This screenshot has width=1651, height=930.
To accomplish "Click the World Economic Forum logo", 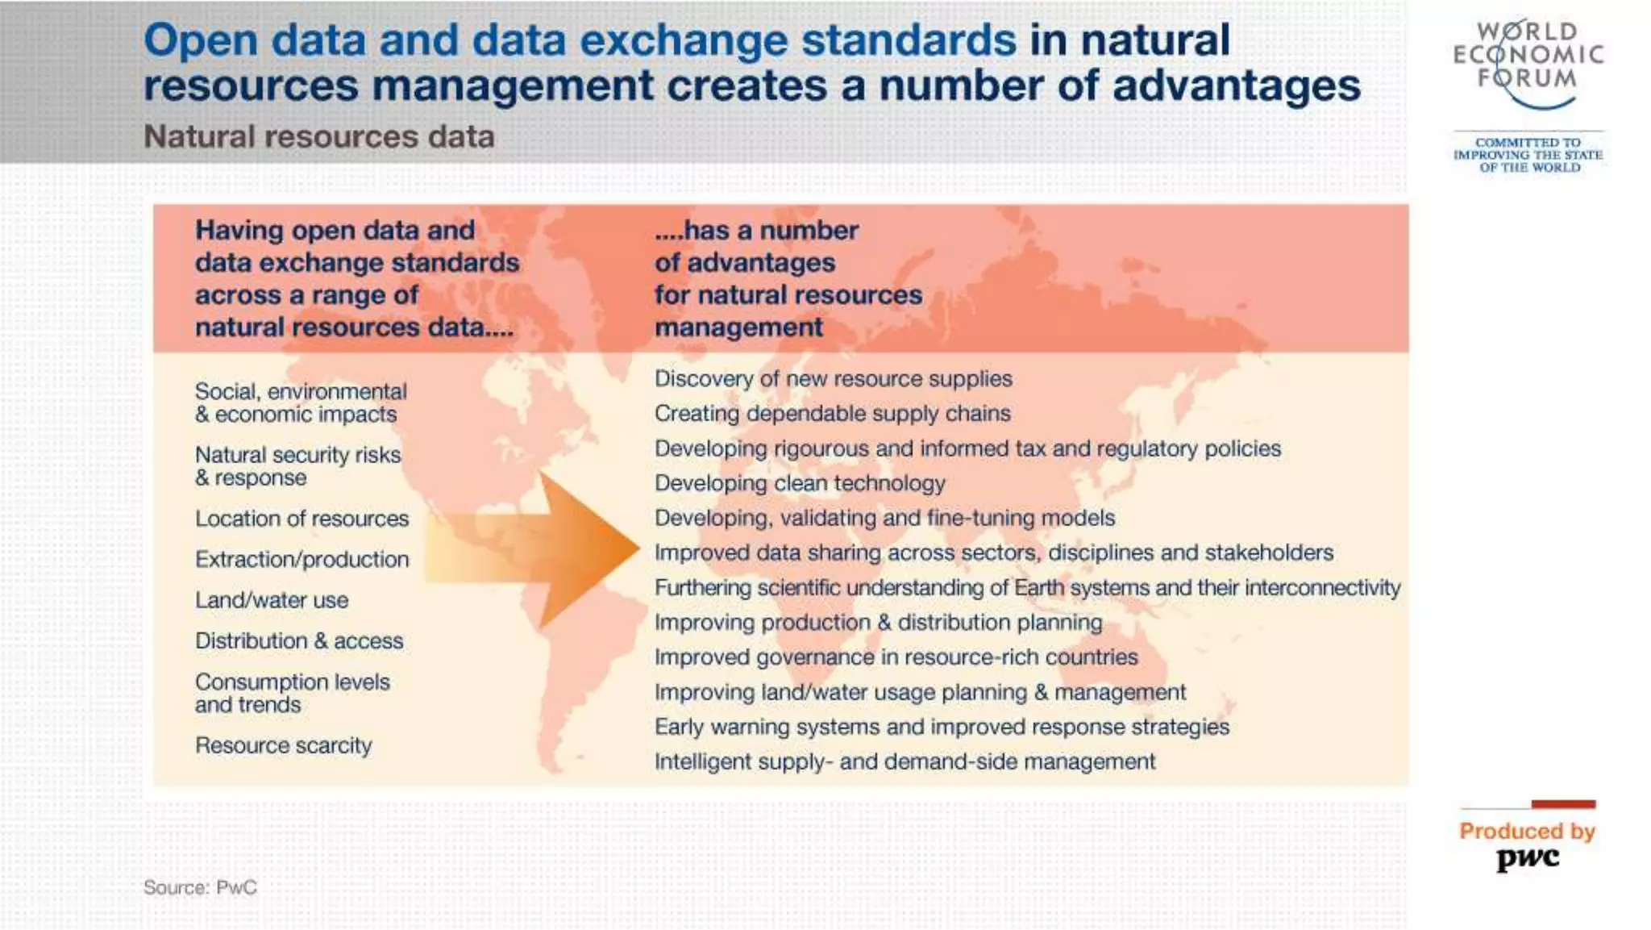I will point(1528,60).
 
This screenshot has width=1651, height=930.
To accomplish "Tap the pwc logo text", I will point(1528,858).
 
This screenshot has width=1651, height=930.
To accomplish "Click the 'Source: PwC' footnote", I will point(200,887).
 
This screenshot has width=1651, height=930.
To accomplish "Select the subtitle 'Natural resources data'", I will point(318,137).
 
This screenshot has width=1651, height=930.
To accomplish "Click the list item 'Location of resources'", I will point(302,519).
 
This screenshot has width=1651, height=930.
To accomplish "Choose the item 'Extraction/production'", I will point(302,559).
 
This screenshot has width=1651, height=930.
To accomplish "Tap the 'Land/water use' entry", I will point(272,600).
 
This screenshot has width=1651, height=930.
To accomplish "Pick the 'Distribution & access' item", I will point(298,641).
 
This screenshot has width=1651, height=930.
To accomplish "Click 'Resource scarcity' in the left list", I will point(283,745).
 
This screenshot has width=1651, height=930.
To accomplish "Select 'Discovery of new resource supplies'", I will point(833,379).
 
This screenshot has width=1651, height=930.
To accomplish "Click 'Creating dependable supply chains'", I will point(832,414).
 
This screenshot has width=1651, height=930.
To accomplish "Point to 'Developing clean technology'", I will point(799,483).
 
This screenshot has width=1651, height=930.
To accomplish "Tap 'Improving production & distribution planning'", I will point(878,623).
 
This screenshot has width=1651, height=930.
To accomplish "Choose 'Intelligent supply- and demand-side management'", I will point(905,762).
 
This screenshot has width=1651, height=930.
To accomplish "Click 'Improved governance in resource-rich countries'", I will point(896,657).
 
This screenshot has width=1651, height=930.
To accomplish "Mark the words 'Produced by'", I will point(1527,831).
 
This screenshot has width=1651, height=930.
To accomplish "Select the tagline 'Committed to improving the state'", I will point(1528,155).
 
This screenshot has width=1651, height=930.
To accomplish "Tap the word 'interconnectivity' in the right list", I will point(1322,588).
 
